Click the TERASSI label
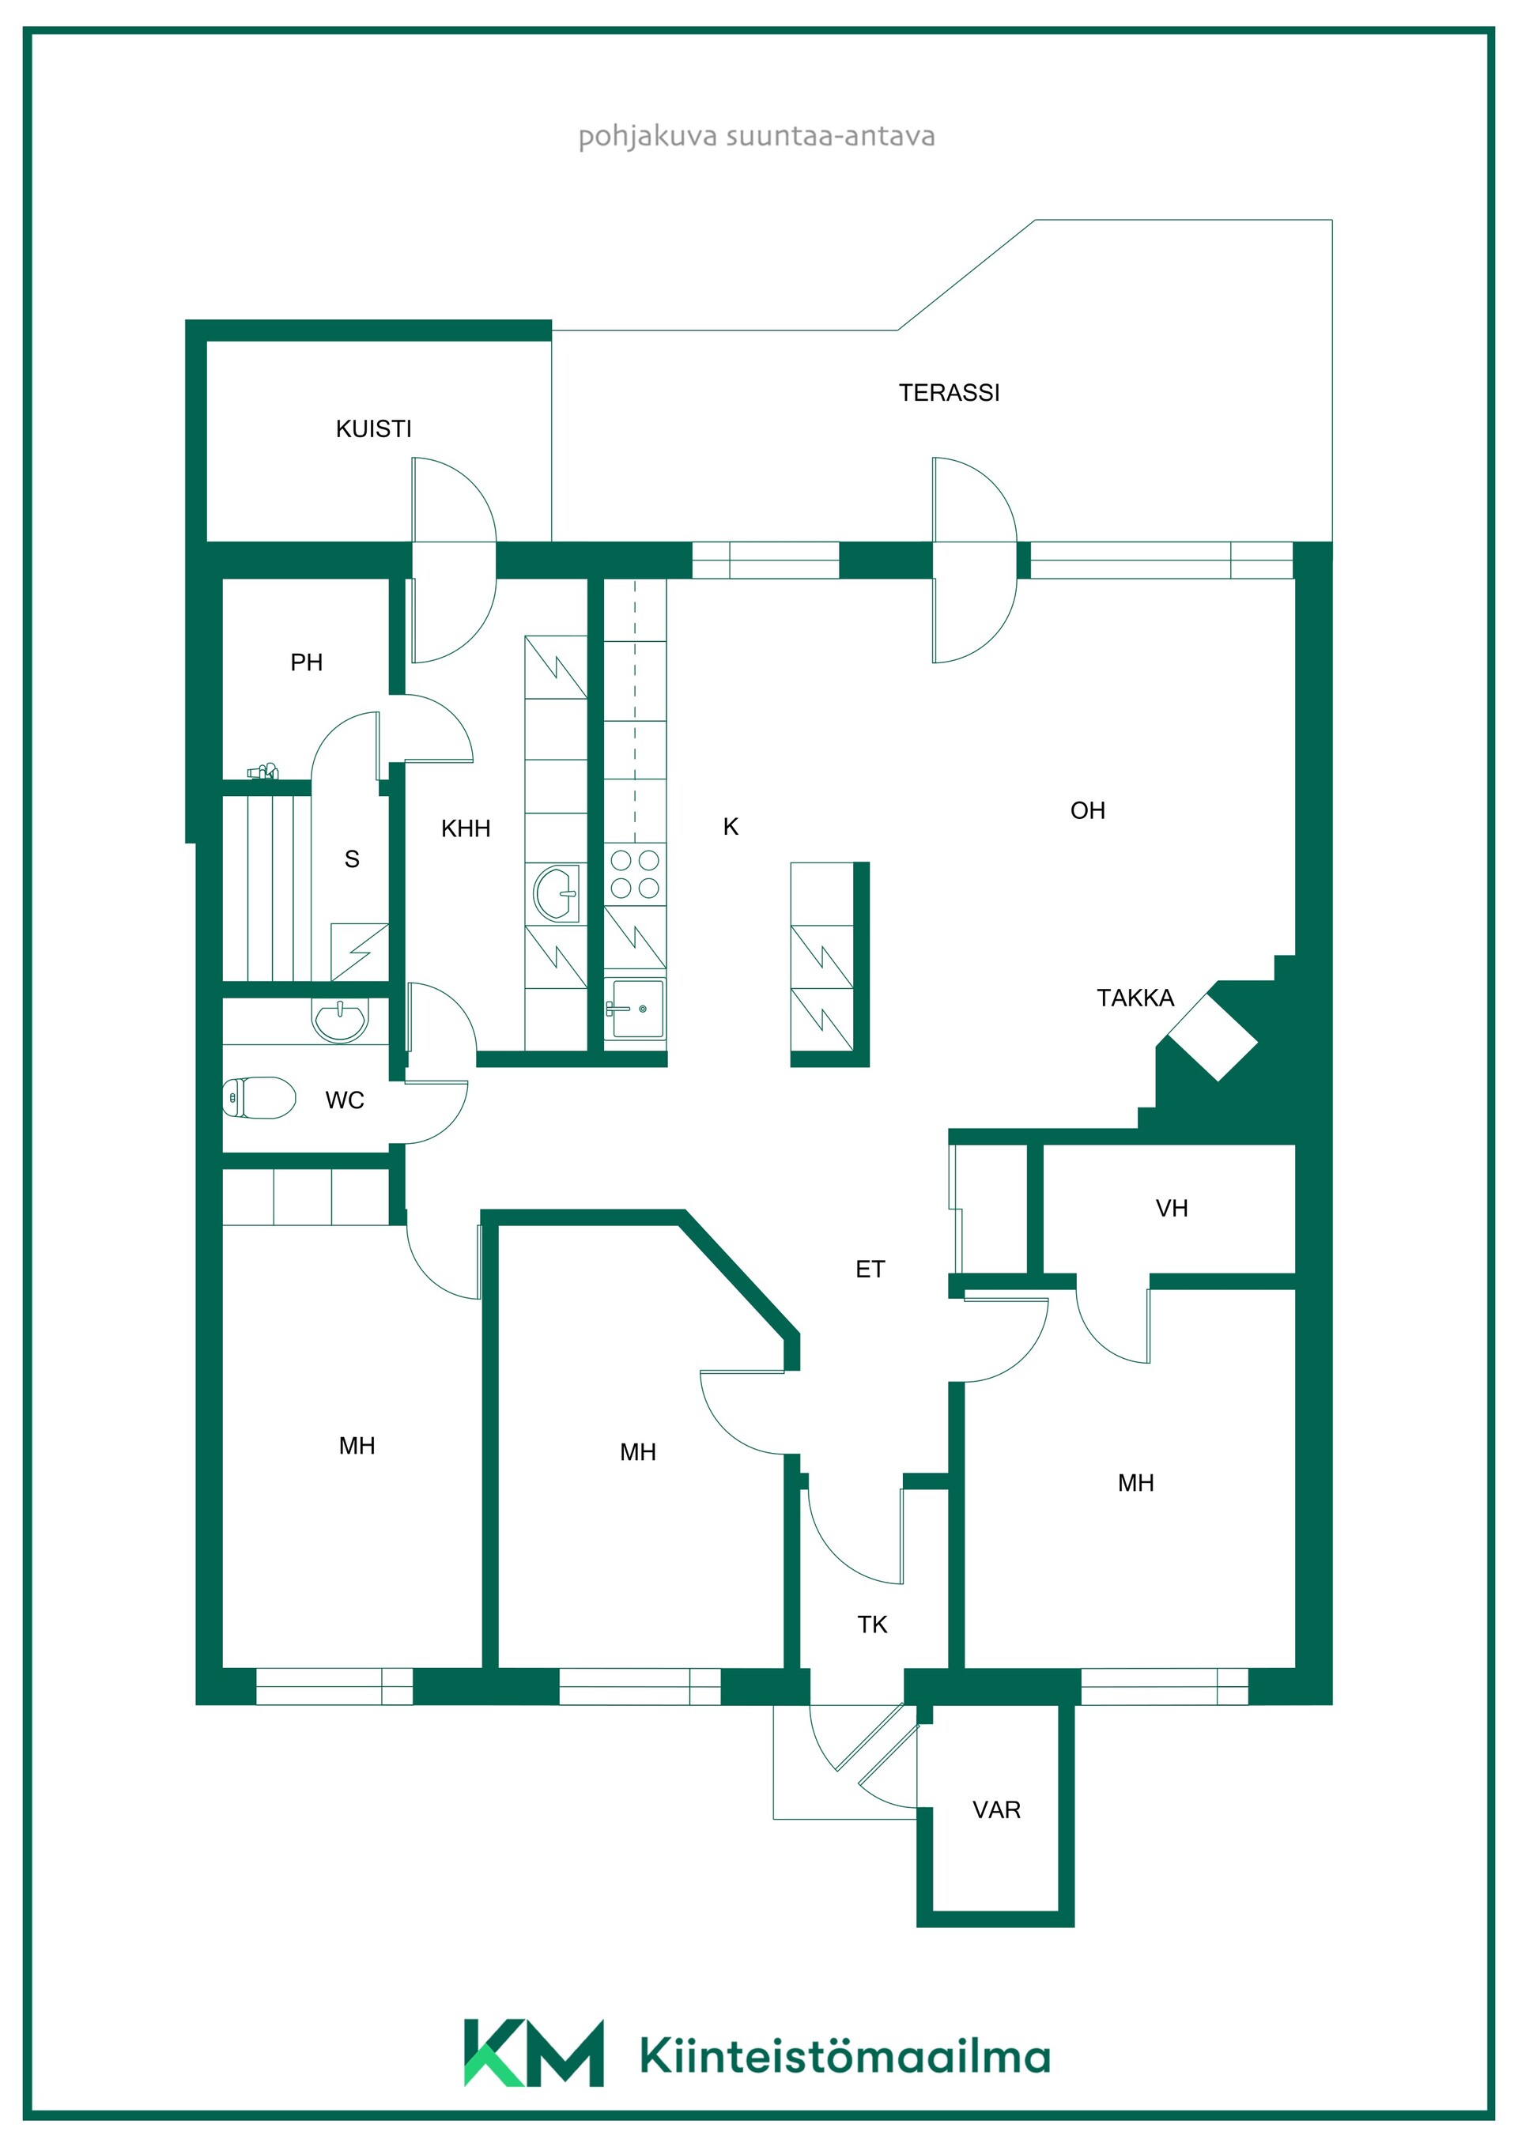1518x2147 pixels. [x=949, y=393]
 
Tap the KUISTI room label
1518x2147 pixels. [x=373, y=429]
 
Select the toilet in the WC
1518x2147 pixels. [x=259, y=1097]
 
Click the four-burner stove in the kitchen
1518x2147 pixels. [x=635, y=874]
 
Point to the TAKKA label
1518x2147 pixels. [x=1135, y=998]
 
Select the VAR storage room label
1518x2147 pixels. [x=996, y=1809]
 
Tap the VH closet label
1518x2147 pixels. [x=1171, y=1208]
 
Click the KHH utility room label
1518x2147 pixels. [x=466, y=828]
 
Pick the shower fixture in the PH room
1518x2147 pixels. [x=262, y=772]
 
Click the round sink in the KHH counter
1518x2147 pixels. [x=557, y=893]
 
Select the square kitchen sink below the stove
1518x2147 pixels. [x=635, y=1009]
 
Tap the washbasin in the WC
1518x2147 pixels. [x=339, y=1021]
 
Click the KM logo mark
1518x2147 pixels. [x=534, y=2053]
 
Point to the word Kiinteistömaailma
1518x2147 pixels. [x=845, y=2055]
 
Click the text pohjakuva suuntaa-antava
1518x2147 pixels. [x=757, y=137]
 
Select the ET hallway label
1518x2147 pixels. [x=870, y=1269]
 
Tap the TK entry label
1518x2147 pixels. [x=872, y=1624]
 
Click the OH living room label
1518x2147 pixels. [x=1088, y=811]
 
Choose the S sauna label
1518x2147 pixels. [x=352, y=858]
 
